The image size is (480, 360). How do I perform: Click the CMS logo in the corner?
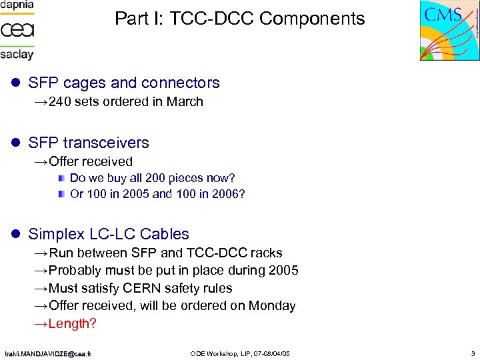[450, 30]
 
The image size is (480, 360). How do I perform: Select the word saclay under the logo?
[17, 53]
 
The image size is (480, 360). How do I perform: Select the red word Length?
[73, 324]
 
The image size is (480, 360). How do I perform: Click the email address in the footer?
[47, 353]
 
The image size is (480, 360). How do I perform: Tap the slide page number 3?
[472, 353]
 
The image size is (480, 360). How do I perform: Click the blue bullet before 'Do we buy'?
[61, 178]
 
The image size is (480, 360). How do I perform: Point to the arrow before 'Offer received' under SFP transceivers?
[41, 161]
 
